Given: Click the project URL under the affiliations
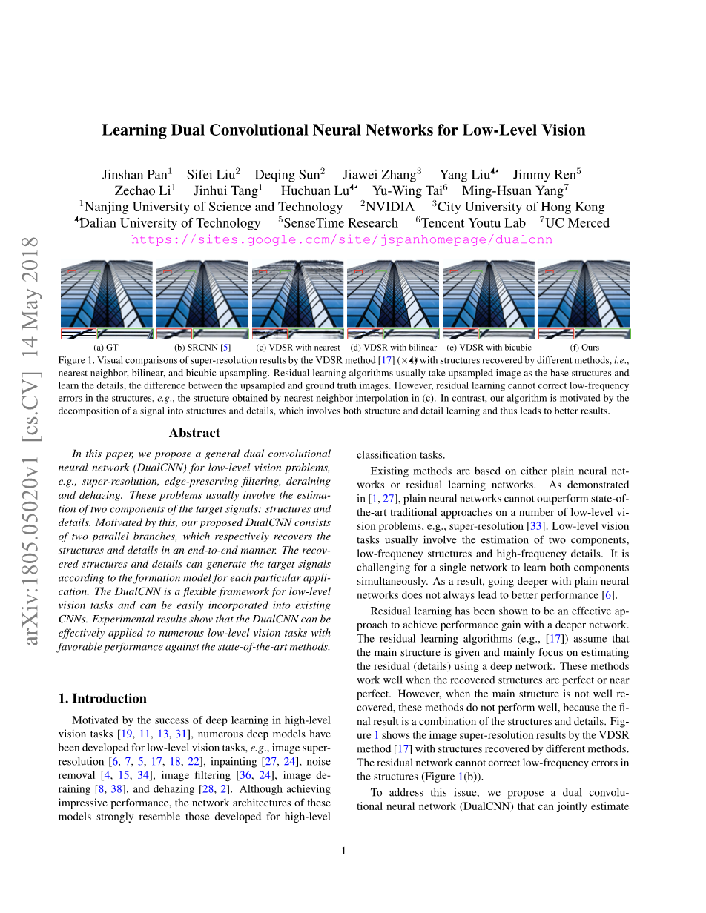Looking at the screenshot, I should point(342,240).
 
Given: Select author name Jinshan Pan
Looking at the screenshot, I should point(134,175).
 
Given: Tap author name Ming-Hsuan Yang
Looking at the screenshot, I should point(513,190).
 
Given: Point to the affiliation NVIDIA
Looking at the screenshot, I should point(390,207).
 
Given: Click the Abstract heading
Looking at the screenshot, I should point(194,433).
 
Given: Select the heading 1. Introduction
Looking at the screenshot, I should point(102,698).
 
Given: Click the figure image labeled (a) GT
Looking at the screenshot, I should point(106,299).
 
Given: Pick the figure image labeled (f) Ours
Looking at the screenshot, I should point(584,299).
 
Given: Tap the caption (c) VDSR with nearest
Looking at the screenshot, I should point(297,347).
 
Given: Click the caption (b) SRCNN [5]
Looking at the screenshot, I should point(202,347).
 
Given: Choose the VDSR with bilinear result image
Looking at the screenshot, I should point(393,299).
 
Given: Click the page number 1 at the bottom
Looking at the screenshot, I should point(344,851).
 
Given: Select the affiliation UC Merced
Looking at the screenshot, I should point(577,223).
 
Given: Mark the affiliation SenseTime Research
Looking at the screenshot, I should point(341,223).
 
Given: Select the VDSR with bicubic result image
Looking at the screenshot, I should point(488,299).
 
